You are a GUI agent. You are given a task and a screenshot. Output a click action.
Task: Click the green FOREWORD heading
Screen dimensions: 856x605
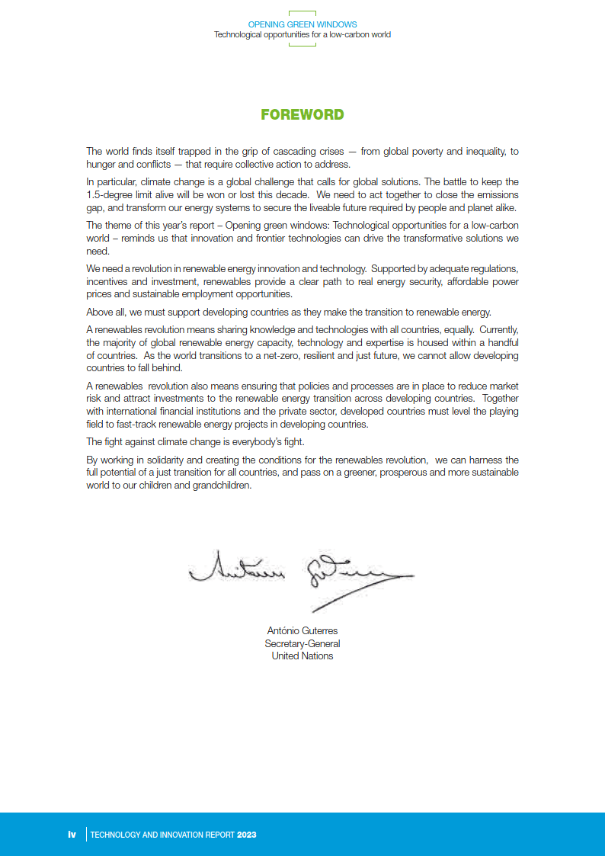tap(302, 115)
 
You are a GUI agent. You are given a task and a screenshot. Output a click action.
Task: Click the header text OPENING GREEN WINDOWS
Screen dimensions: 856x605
tap(302, 25)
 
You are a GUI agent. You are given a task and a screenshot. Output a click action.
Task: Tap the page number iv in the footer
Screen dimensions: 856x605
tap(72, 835)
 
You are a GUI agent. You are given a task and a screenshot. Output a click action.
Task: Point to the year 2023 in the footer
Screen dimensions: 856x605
tap(246, 835)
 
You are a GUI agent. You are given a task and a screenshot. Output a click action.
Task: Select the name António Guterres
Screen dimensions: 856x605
tap(302, 631)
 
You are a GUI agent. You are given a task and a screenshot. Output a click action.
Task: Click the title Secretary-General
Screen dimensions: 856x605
tap(302, 643)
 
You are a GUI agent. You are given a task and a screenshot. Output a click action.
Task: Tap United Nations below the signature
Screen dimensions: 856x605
tap(302, 656)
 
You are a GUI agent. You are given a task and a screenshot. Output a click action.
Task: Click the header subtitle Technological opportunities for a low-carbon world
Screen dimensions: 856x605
tap(302, 35)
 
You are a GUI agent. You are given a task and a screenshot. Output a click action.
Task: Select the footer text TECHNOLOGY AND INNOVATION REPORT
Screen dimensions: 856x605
tap(162, 835)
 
